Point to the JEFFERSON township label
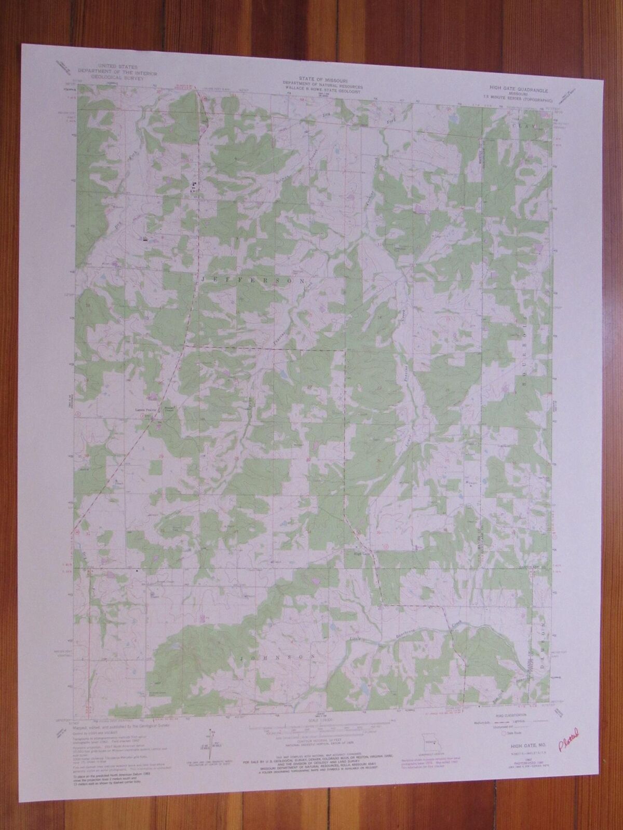tap(254, 280)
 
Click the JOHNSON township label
tap(277, 657)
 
